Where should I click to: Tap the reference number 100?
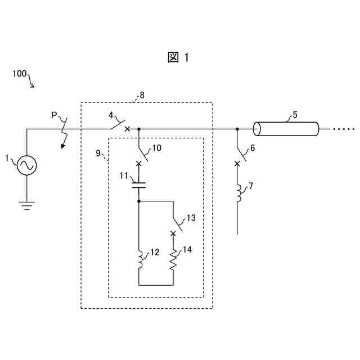(x=19, y=74)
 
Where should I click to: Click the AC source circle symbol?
(x=26, y=165)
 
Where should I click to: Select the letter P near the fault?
(x=54, y=115)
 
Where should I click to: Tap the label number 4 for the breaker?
(x=111, y=116)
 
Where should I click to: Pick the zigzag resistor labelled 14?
(x=173, y=260)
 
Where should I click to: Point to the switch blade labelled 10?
(x=143, y=154)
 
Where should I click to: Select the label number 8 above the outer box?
(x=142, y=95)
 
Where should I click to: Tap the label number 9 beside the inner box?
(x=97, y=152)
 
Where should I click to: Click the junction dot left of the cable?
(x=237, y=129)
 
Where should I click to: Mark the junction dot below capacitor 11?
(x=139, y=200)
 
